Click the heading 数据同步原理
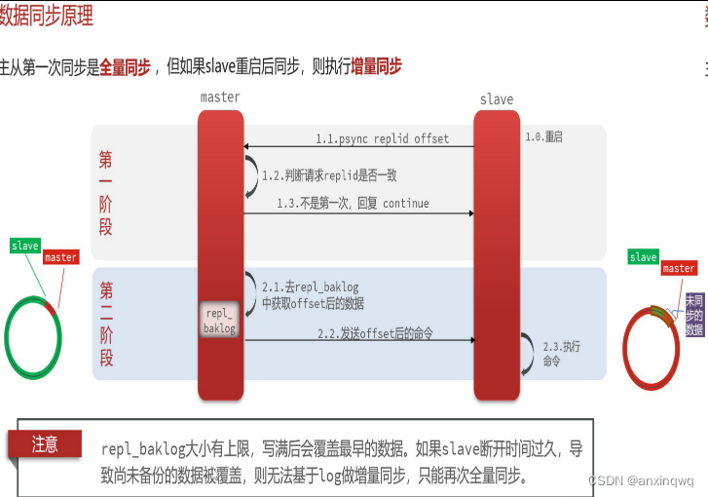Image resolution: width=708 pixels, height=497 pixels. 47,17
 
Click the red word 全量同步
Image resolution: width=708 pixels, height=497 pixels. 125,67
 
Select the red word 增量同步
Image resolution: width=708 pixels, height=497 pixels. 376,67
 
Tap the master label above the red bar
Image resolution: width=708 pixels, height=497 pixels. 220,97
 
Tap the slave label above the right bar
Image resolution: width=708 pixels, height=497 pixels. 497,99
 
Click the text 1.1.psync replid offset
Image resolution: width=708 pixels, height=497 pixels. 382,138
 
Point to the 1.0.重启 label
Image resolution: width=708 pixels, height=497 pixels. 544,136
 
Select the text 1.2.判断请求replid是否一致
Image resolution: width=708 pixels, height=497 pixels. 329,175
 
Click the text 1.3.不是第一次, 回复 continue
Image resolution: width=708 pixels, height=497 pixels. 353,204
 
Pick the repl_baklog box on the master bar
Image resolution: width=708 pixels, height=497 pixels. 219,321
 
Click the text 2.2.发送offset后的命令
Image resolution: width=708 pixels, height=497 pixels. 375,333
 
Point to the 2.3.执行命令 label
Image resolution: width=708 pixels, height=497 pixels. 552,354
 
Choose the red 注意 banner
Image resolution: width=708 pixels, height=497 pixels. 45,444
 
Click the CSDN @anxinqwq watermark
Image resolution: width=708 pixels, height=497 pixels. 641,481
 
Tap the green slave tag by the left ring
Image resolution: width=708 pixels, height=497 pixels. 25,246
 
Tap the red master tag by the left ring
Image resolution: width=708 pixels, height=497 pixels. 60,257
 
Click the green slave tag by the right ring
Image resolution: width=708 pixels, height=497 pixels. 643,257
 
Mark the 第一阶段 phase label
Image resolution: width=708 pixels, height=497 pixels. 106,193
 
